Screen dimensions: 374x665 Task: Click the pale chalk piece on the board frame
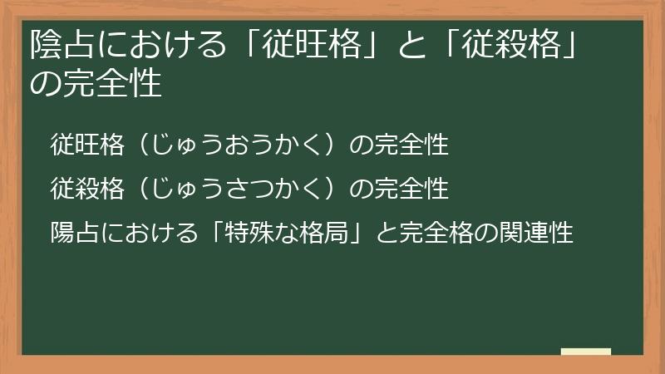pos(585,352)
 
